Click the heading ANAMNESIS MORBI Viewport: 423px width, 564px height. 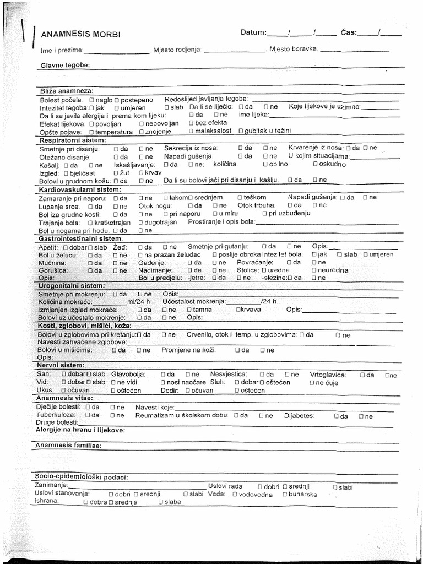[80, 35]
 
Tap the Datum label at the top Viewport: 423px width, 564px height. [253, 32]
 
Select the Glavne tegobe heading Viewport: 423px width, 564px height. [65, 66]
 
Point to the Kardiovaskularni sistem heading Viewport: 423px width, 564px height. [80, 189]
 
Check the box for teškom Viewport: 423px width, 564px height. [240, 197]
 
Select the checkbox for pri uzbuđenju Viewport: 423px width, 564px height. [264, 213]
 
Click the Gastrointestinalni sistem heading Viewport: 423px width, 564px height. [80, 238]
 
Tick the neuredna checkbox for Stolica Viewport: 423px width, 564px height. [313, 270]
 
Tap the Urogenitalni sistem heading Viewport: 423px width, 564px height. [71, 286]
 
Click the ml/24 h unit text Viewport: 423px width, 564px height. [138, 302]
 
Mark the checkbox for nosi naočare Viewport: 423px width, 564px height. [162, 382]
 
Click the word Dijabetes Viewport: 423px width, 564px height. [299, 416]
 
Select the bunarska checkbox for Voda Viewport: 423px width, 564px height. [285, 495]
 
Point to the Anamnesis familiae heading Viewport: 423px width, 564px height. [68, 444]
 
